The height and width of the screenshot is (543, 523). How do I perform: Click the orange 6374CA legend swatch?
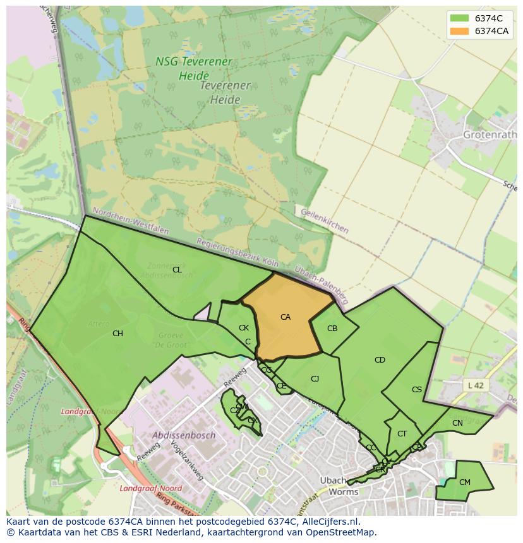459,32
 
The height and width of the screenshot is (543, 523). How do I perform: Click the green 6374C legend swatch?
459,18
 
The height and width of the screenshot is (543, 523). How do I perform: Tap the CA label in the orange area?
286,317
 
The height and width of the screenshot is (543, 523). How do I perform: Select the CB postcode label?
332,329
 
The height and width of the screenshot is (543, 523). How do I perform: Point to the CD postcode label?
380,360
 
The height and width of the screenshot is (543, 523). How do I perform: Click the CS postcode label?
417,390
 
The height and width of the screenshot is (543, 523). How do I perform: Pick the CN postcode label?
457,423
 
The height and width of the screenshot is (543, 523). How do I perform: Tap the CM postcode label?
464,482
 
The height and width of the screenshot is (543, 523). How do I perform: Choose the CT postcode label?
402,434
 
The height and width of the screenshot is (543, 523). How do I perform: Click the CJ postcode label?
315,379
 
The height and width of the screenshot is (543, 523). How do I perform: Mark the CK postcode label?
244,328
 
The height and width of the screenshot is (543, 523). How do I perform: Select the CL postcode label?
177,270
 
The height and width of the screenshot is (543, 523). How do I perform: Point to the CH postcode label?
117,334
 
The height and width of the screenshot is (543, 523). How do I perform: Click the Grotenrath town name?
490,135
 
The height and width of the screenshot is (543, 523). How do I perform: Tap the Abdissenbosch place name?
184,435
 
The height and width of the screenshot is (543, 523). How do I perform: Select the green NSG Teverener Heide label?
185,69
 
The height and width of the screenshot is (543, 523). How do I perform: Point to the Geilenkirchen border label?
325,221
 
